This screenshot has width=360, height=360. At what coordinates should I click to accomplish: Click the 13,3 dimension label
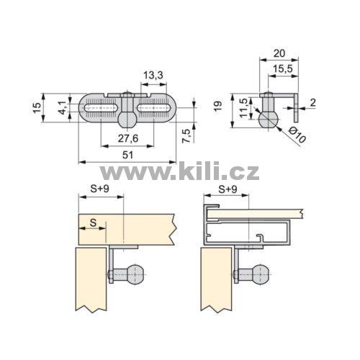coord(153,75)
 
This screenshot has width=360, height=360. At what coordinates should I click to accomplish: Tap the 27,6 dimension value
coord(128,138)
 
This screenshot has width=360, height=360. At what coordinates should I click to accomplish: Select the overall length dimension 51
coord(127,155)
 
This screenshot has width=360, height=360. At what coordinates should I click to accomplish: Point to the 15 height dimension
coord(37,107)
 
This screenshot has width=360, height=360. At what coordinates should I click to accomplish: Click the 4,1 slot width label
coord(63,107)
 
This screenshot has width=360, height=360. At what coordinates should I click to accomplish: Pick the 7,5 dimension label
coord(186,136)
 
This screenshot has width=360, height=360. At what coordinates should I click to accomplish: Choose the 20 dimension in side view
coord(279,53)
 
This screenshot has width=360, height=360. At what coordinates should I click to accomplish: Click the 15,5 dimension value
coord(283,69)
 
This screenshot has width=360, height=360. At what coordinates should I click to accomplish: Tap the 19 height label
coord(218,106)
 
